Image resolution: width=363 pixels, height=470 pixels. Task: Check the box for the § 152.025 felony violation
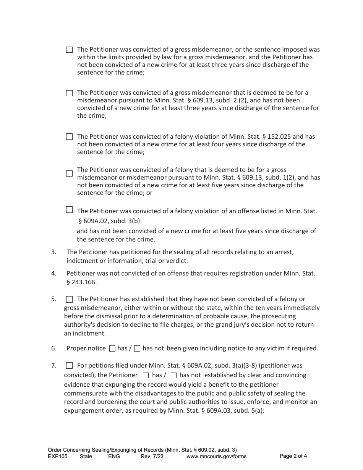(69, 136)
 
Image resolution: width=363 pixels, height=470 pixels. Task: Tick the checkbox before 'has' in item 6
(112, 348)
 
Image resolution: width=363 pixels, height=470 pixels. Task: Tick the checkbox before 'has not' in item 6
(138, 348)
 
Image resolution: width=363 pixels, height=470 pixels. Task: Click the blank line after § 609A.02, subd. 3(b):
(231, 222)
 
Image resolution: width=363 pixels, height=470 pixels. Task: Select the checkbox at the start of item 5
(69, 299)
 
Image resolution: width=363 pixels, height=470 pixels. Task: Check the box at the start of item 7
(69, 366)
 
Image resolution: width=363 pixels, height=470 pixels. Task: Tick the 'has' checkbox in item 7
(146, 375)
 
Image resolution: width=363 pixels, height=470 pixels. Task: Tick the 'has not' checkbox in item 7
(173, 375)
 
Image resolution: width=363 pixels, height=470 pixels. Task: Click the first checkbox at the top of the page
(69, 50)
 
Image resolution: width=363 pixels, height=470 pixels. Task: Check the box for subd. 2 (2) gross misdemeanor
(69, 93)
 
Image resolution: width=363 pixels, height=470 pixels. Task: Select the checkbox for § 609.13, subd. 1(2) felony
(69, 173)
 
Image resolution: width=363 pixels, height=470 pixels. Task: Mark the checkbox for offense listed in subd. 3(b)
(69, 210)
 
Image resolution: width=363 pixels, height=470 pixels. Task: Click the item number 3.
(54, 252)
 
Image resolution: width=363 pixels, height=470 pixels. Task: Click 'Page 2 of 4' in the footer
(293, 456)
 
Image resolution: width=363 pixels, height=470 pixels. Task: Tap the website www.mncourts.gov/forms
(216, 456)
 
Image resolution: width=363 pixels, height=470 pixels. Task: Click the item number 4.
(54, 274)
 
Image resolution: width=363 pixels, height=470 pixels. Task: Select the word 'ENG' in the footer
(114, 456)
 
